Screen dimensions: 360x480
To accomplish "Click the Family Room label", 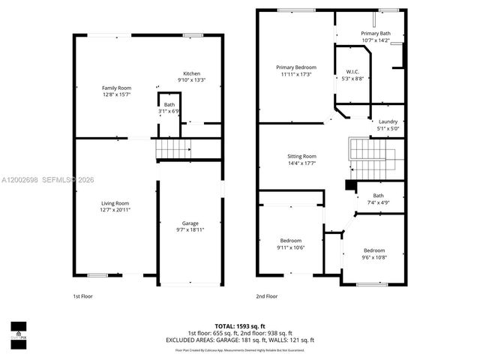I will coord(116,88).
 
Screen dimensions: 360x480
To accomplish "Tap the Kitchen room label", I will coord(191,73).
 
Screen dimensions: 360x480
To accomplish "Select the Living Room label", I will coord(116,203).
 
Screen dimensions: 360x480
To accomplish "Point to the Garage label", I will coord(190,223).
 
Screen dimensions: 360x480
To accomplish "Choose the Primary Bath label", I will coord(375,34).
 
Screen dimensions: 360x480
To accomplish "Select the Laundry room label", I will coord(388,121).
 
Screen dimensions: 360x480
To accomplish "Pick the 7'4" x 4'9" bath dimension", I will coord(378,202).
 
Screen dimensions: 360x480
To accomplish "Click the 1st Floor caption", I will coord(83,296).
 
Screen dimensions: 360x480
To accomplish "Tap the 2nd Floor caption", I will coord(267,296).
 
